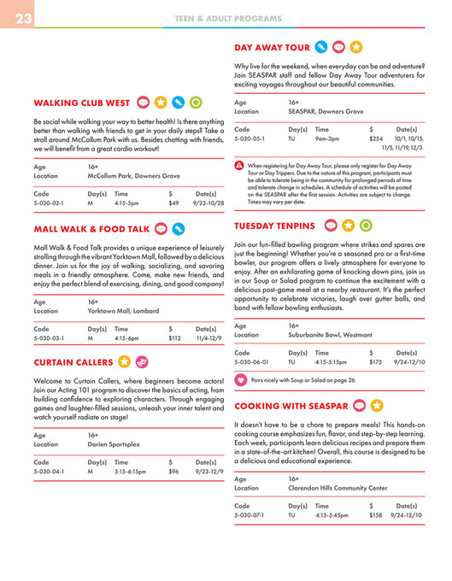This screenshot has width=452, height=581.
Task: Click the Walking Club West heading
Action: [x=82, y=103]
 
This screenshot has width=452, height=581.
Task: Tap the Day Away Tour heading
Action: [x=271, y=47]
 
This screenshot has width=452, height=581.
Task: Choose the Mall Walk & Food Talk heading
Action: [x=91, y=229]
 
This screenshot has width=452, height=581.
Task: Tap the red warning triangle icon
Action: [x=239, y=163]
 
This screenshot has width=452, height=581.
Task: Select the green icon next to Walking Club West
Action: [x=197, y=103]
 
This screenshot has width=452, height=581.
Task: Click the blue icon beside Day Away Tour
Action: [x=320, y=47]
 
